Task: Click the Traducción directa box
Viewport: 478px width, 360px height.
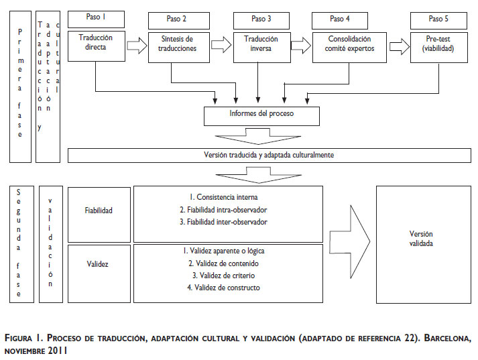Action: (96, 44)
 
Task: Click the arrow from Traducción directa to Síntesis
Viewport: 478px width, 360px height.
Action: (135, 46)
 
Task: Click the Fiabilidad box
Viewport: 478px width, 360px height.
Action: (99, 211)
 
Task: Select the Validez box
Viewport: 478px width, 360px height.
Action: (99, 264)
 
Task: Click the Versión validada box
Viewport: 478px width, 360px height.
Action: (421, 239)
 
